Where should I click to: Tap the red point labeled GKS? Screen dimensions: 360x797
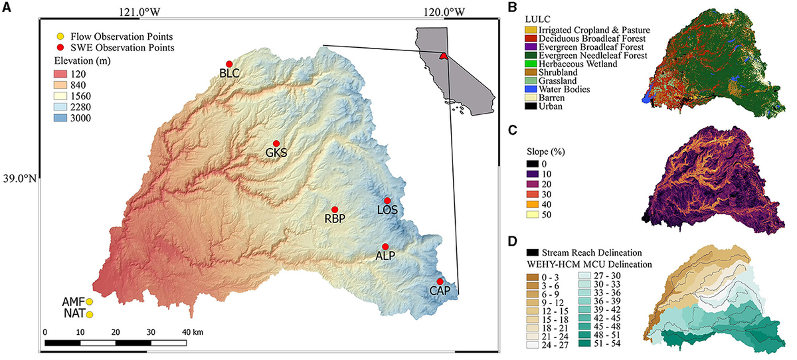pos(276,143)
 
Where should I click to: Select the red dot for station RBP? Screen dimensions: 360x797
pos(335,210)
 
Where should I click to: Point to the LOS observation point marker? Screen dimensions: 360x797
pos(387,201)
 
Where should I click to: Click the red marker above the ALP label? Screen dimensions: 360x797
pos(385,246)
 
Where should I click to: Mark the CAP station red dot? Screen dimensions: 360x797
pos(440,282)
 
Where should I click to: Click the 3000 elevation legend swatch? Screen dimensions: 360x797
pos(64,119)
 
